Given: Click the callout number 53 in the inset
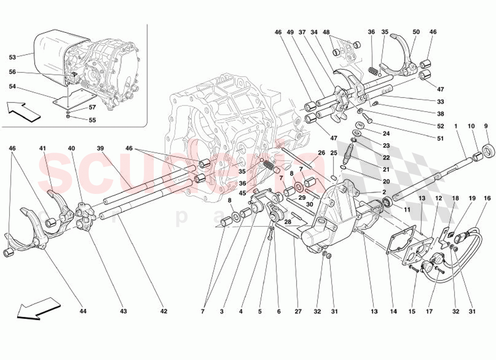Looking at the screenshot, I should [x=12, y=57].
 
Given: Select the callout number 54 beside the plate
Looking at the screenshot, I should [x=12, y=86].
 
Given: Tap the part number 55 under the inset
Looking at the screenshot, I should [x=92, y=121].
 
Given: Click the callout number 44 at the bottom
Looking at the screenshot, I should [x=83, y=311].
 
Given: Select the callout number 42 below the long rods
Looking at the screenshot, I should [x=164, y=311].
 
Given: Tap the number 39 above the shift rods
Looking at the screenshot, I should [x=100, y=148].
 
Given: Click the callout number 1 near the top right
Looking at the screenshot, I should [x=456, y=126].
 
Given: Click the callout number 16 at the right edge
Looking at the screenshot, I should [x=487, y=198].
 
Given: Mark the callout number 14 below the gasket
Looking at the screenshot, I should [x=394, y=311].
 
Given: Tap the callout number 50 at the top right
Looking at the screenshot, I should [x=416, y=32].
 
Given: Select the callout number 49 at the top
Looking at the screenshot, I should [x=290, y=32].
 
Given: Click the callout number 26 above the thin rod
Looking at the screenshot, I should [x=321, y=153].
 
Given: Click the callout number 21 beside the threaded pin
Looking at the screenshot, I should [x=386, y=170].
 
